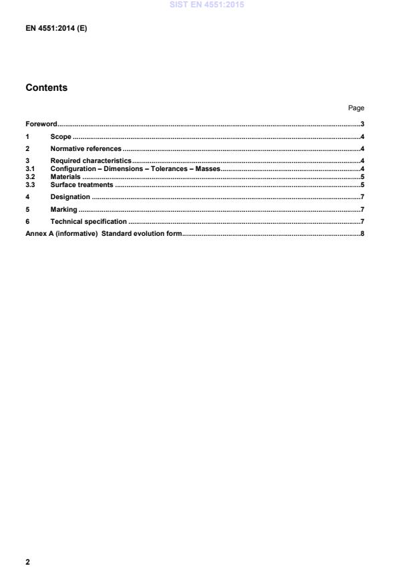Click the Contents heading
pyautogui.click(x=46, y=88)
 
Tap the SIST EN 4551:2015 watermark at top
pyautogui.click(x=206, y=5)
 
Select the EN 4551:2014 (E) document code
pyautogui.click(x=56, y=29)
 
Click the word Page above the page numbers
pyautogui.click(x=356, y=108)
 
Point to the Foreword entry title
pyautogui.click(x=41, y=124)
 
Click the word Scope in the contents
pyautogui.click(x=61, y=136)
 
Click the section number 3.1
pyautogui.click(x=29, y=169)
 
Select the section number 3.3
pyautogui.click(x=29, y=184)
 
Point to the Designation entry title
pyautogui.click(x=70, y=197)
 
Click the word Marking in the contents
pyautogui.click(x=64, y=209)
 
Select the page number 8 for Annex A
pyautogui.click(x=362, y=233)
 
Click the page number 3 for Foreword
pyautogui.click(x=362, y=124)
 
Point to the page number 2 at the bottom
pyautogui.click(x=27, y=562)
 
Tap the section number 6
pyautogui.click(x=27, y=221)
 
